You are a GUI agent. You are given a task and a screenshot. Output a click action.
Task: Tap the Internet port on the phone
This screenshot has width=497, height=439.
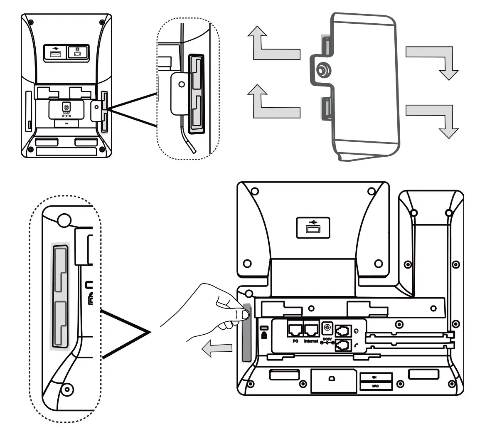pyautogui.click(x=312, y=330)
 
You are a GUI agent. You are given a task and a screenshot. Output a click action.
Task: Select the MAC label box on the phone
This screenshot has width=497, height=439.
pyautogui.click(x=375, y=386)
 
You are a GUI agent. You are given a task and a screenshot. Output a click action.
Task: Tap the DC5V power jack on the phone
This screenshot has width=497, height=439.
pyautogui.click(x=327, y=328)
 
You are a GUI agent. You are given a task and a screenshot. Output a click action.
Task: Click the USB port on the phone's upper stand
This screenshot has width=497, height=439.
pyautogui.click(x=312, y=228)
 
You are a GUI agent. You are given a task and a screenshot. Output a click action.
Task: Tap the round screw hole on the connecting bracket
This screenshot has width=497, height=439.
pyautogui.click(x=321, y=71)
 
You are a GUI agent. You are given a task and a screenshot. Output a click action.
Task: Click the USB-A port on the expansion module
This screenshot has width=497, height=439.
pyautogui.click(x=54, y=53)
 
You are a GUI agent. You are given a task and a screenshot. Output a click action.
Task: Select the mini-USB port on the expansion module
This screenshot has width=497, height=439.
pyautogui.click(x=78, y=53)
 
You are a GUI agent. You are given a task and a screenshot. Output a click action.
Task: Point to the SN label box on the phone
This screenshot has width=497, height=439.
pyautogui.click(x=375, y=377)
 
